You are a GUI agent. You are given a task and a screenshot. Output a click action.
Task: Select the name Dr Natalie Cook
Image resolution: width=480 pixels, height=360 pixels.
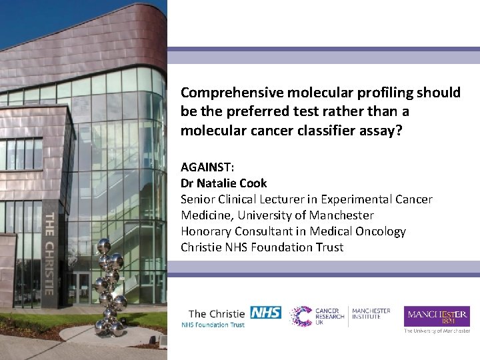(x=223, y=183)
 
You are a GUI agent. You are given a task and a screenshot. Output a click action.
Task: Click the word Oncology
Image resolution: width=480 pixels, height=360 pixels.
(x=382, y=231)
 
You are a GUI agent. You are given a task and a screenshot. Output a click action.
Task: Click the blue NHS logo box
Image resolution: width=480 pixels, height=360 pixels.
(x=266, y=312)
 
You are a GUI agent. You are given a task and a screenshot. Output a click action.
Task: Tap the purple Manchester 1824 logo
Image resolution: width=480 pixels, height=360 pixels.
(x=437, y=316)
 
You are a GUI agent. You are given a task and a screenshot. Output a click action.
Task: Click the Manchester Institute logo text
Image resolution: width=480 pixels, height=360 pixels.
(x=371, y=313)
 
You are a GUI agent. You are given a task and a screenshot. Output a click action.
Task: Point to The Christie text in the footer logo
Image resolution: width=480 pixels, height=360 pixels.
(x=217, y=313)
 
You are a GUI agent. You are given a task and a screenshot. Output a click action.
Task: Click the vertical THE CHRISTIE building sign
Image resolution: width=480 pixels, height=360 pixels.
(x=49, y=253)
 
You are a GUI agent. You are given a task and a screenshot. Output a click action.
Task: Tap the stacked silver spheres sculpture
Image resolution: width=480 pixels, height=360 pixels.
(x=109, y=287)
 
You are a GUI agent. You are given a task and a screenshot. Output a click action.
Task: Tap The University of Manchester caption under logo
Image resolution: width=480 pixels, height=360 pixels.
(x=437, y=330)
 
